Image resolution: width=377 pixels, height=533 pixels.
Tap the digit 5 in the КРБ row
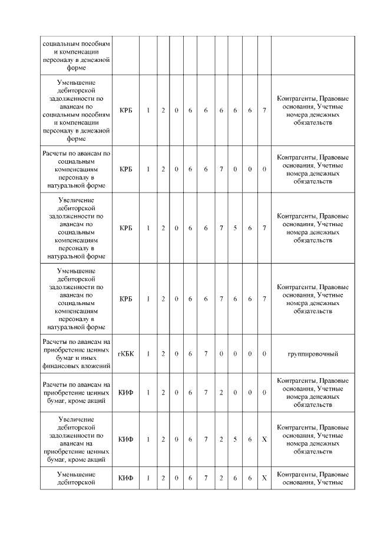click(235, 228)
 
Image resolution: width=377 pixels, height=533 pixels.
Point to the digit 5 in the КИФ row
click(235, 439)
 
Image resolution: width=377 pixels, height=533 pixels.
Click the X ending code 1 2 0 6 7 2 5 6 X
click(264, 439)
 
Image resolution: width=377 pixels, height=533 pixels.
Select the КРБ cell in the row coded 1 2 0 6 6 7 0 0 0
click(125, 169)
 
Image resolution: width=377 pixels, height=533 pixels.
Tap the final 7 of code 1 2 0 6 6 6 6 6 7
click(264, 110)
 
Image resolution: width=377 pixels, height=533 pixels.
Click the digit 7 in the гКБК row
click(206, 354)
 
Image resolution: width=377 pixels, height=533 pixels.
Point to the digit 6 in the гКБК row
click(190, 354)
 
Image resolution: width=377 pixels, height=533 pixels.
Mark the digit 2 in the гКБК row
click(163, 354)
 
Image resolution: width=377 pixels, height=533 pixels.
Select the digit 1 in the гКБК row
click(148, 354)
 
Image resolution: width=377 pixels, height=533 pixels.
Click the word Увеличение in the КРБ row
click(76, 200)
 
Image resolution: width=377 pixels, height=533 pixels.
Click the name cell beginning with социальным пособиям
click(76, 55)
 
